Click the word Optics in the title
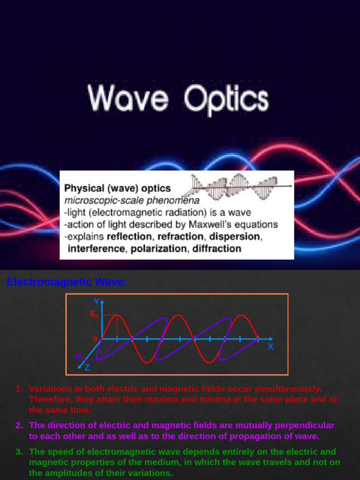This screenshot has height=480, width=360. (226, 100)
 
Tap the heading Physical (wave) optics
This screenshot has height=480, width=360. (117, 188)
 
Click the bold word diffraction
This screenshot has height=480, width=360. (217, 248)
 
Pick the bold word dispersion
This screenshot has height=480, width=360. (234, 236)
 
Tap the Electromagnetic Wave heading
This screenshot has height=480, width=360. (67, 282)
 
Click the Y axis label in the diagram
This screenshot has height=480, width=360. (96, 301)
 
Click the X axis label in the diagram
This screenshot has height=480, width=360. (270, 347)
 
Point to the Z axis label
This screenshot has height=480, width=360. (87, 367)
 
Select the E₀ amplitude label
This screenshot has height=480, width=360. (94, 315)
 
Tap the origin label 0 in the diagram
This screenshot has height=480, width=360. (96, 339)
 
